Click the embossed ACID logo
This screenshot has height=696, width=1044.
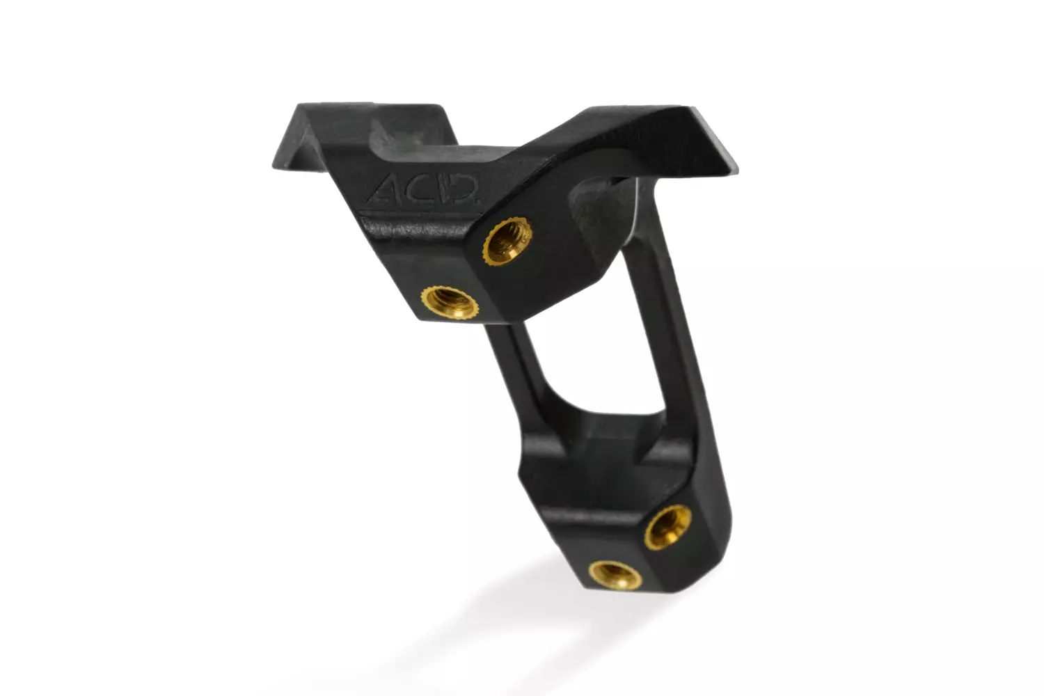click(x=422, y=189)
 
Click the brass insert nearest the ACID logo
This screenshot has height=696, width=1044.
click(x=507, y=241)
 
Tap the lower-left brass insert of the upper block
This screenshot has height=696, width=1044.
click(x=450, y=302)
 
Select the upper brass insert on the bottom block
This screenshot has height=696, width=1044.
click(x=668, y=528)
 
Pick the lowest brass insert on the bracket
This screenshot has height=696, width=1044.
click(x=615, y=576)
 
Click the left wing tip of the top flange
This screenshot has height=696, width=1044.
click(x=274, y=166)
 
